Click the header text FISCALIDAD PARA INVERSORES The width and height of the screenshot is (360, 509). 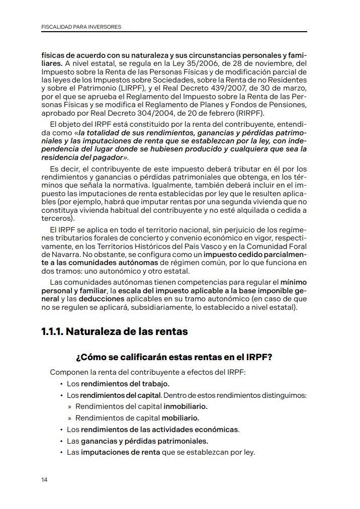point(81,26)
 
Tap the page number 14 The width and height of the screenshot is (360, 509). point(45,480)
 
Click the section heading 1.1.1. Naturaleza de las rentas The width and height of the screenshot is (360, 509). point(114,332)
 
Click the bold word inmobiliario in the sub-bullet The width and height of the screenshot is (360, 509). point(186,406)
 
